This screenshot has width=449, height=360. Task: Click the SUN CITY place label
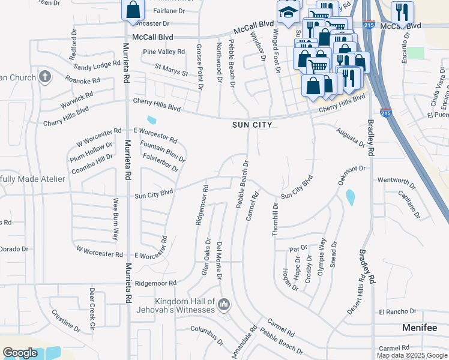point(253,125)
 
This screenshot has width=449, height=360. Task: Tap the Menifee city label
point(422,328)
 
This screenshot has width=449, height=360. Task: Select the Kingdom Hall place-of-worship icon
point(224,305)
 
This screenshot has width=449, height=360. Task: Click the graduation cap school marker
point(288,11)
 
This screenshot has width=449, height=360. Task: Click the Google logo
point(20,353)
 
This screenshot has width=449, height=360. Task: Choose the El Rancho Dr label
point(397,311)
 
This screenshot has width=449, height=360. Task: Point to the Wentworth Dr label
point(396,180)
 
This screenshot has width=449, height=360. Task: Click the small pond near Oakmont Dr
point(350,196)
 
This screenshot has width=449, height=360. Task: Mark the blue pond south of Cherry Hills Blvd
point(151,120)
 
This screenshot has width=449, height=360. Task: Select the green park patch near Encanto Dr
point(415,52)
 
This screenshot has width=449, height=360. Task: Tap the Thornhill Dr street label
point(275,219)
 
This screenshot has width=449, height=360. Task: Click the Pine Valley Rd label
point(164,52)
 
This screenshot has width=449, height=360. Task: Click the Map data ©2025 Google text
point(411,355)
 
